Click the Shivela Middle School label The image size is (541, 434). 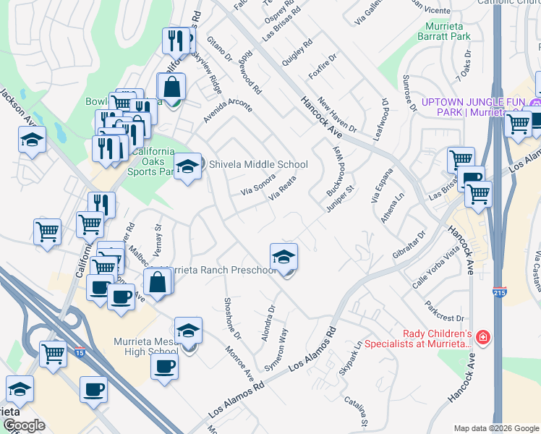click(255, 165)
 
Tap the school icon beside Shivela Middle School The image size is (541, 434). click(188, 167)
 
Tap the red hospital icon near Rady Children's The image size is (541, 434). click(482, 337)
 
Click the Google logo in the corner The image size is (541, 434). click(24, 426)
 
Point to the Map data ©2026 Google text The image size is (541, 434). click(495, 428)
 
